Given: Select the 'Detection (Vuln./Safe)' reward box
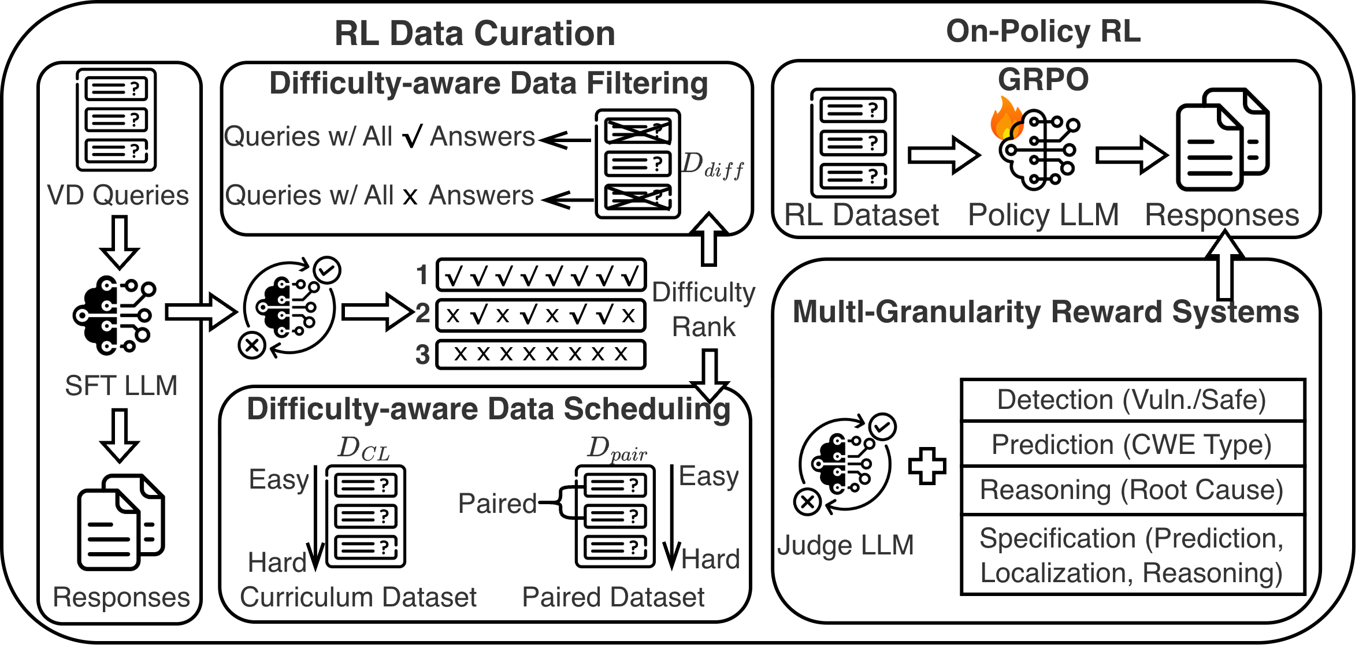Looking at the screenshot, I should click(x=1132, y=400).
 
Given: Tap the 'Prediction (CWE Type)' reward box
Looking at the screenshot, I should click(x=1132, y=445).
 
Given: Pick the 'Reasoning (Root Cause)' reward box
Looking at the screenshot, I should click(x=1132, y=490).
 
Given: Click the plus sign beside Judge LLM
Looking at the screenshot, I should click(x=927, y=465).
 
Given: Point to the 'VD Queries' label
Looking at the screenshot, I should click(x=118, y=195).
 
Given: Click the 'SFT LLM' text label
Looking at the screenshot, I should click(x=121, y=385).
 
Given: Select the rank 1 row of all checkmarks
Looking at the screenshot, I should click(x=541, y=275).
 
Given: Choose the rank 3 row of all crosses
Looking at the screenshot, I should click(x=541, y=354).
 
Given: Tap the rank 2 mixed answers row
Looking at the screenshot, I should click(x=541, y=315).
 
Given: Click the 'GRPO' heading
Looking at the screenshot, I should click(x=1043, y=79).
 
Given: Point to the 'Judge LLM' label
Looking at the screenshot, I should click(x=845, y=545).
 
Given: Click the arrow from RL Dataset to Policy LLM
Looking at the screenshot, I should click(x=944, y=155).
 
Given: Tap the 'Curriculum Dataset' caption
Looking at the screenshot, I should click(x=358, y=597).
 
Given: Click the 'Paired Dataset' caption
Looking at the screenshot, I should click(x=613, y=597).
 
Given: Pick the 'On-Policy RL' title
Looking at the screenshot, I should click(x=1043, y=31).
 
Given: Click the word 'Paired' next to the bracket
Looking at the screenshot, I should click(x=497, y=503).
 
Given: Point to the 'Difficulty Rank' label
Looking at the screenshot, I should click(x=704, y=310).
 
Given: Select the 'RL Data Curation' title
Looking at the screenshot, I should click(x=474, y=33).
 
